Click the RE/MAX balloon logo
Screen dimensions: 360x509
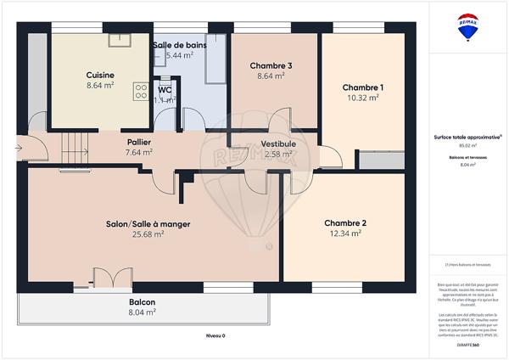[x=467, y=27]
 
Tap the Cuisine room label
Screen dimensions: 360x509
[x=100, y=75]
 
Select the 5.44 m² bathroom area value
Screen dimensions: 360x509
[x=180, y=55]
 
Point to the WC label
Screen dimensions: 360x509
[x=165, y=89]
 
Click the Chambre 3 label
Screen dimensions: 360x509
[x=271, y=65]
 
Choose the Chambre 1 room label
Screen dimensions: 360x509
[x=363, y=87]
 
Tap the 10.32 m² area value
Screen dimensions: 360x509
[x=363, y=98]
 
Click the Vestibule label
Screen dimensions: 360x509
[x=277, y=143]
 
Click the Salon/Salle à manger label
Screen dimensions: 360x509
[x=148, y=224]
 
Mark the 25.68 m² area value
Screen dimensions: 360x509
[x=148, y=234]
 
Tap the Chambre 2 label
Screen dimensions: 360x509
[x=345, y=223]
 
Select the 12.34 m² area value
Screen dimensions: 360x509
[x=345, y=233]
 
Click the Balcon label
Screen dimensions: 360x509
[x=142, y=301]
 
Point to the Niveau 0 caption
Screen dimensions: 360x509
[x=216, y=336]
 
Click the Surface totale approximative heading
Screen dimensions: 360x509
[x=464, y=137]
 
